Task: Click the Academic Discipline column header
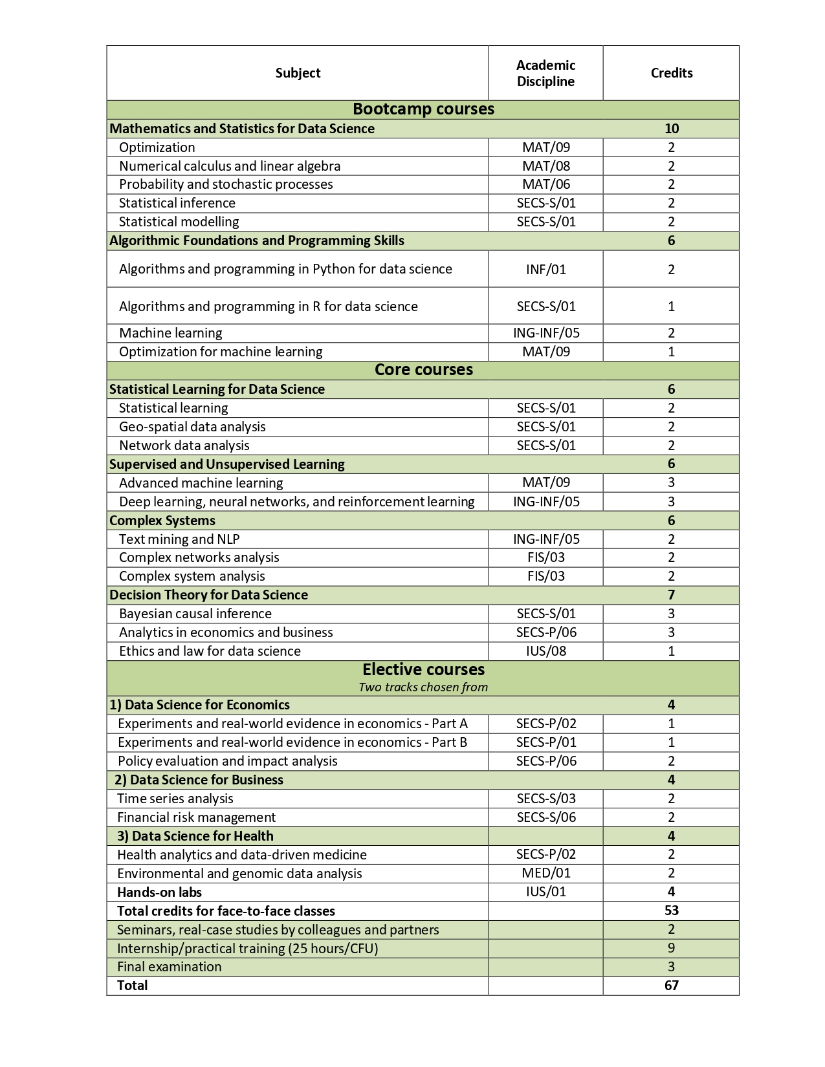click(x=545, y=73)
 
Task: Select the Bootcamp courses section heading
click(x=423, y=109)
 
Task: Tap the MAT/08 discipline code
click(x=546, y=166)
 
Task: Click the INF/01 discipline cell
click(x=546, y=269)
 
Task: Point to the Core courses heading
click(x=423, y=370)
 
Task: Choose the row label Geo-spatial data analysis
click(x=192, y=427)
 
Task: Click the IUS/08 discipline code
click(x=546, y=651)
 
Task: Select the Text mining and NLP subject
click(x=179, y=539)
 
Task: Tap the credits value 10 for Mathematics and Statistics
click(x=671, y=129)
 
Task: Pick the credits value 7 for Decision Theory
click(x=671, y=595)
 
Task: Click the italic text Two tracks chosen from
click(x=423, y=687)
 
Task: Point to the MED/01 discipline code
click(x=546, y=873)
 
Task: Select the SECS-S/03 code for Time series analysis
click(x=546, y=799)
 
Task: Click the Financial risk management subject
click(x=196, y=817)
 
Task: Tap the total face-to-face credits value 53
click(x=671, y=911)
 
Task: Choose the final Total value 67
click(x=671, y=986)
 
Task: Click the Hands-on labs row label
click(x=159, y=892)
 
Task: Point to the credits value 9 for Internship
click(x=671, y=948)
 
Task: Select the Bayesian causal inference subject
click(x=195, y=614)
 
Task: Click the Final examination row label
click(x=169, y=967)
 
